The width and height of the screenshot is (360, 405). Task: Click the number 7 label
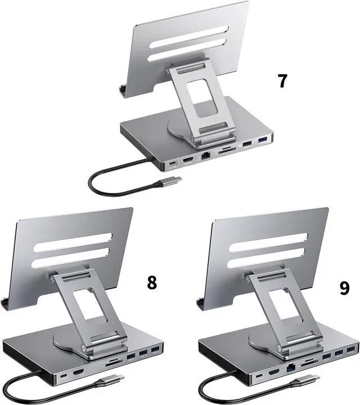[282, 81]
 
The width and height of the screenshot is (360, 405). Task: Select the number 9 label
[344, 288]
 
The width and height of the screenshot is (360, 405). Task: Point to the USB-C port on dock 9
[259, 375]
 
